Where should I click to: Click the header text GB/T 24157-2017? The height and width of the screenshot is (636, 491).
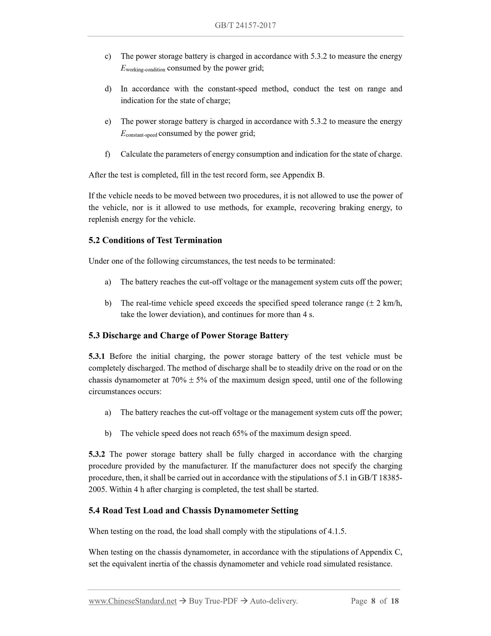tap(245, 25)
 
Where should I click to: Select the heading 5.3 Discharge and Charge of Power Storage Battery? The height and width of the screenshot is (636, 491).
tap(188, 335)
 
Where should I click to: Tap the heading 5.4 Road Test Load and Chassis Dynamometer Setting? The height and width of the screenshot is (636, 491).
tap(194, 510)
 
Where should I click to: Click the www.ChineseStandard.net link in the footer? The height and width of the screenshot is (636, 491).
tap(133, 601)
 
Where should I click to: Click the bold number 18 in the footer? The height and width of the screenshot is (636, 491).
tap(394, 601)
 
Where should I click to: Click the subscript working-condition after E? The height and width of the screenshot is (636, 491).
tap(145, 70)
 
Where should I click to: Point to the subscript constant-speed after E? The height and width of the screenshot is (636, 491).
tap(141, 135)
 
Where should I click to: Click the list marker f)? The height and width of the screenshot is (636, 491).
tap(107, 154)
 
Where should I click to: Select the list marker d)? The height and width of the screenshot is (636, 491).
tap(108, 89)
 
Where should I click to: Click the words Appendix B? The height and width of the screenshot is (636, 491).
tap(303, 175)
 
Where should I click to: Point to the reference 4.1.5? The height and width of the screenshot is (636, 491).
tap(337, 531)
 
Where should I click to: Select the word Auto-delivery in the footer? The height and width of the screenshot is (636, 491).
tap(274, 601)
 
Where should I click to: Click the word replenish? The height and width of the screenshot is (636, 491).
tap(103, 219)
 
